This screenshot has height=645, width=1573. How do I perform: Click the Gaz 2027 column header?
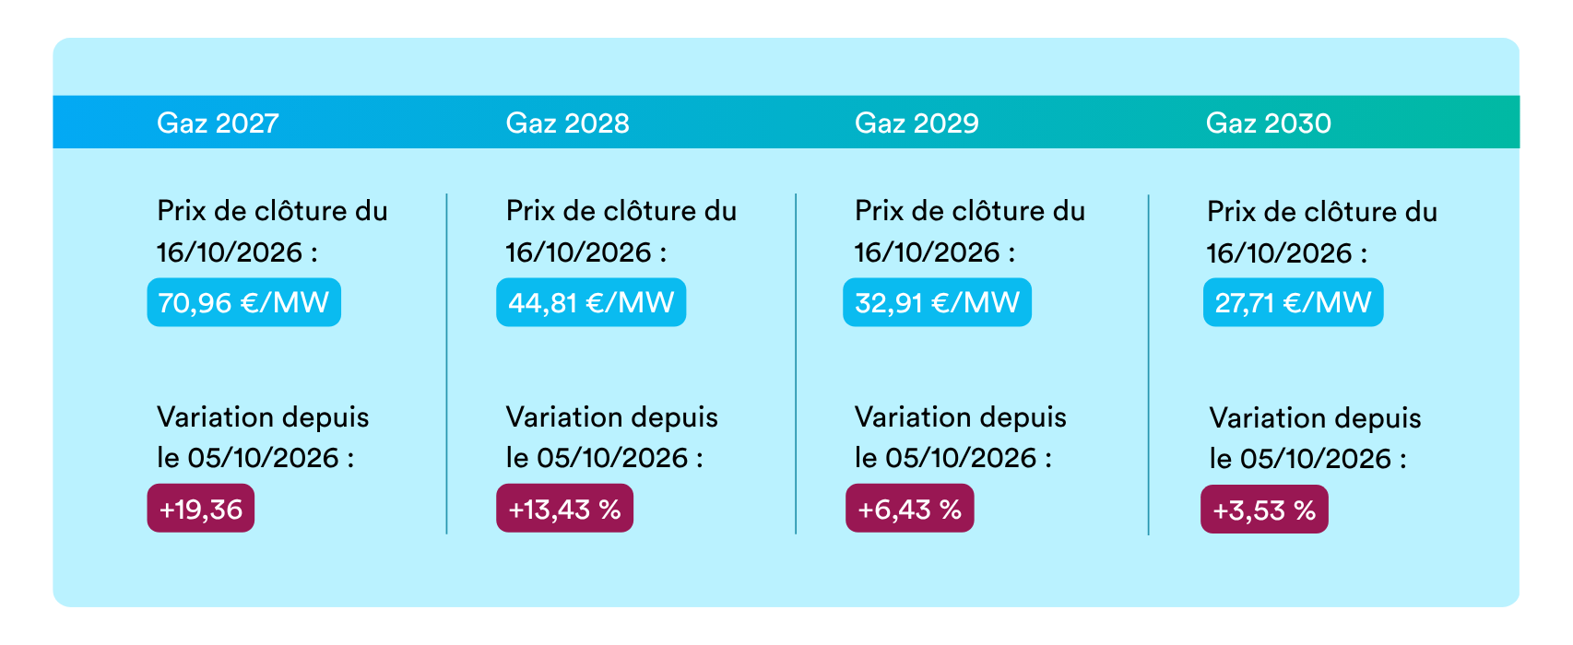coord(218,123)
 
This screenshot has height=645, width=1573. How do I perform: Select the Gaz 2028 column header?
coord(567,123)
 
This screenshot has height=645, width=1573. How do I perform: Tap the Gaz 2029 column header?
coord(917,123)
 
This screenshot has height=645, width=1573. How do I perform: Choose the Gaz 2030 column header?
coord(1268,123)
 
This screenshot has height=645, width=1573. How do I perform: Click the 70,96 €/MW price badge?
coord(243,302)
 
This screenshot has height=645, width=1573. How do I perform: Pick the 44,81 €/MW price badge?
coord(591,302)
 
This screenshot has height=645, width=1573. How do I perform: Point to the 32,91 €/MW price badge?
coord(938,302)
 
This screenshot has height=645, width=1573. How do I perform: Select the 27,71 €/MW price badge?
coord(1293,302)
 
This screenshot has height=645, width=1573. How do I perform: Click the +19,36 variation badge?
coord(201,508)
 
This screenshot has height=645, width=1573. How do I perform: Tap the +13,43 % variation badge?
coord(564,508)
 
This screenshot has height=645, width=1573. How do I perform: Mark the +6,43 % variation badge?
coord(909,508)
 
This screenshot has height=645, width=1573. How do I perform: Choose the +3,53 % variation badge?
coord(1264,510)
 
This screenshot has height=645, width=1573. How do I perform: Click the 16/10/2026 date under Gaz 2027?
coord(230,252)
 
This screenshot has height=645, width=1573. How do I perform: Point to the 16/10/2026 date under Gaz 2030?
coord(1280,253)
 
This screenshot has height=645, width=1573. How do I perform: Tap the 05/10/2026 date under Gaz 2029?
coord(961,458)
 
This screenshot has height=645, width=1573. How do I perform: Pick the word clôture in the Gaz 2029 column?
coord(986,211)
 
